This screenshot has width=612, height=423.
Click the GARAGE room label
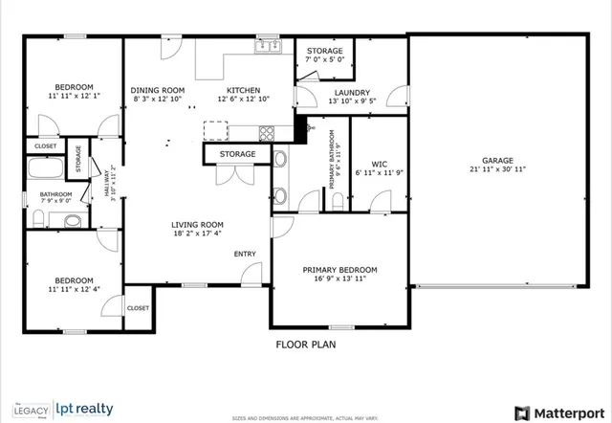(x=497, y=160)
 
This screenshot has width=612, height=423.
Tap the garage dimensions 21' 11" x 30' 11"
(x=497, y=169)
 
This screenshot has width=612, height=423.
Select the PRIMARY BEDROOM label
(x=340, y=270)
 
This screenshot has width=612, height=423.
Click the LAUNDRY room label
(x=325, y=93)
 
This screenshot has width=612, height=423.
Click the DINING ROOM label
(x=158, y=91)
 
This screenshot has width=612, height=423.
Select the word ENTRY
(x=246, y=254)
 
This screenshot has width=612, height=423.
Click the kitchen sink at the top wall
(x=267, y=45)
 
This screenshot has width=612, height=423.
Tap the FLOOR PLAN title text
(x=306, y=344)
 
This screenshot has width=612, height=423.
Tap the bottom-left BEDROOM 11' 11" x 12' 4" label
(x=73, y=284)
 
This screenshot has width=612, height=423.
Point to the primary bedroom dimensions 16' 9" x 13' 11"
(x=340, y=280)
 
